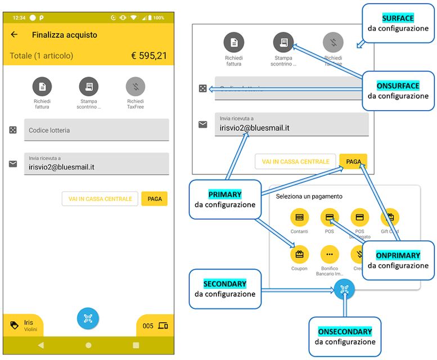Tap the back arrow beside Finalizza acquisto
pyautogui.click(x=15, y=35)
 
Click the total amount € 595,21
pyautogui.click(x=148, y=56)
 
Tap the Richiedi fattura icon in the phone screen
pyautogui.click(x=42, y=86)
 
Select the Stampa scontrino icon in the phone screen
pyautogui.click(x=89, y=86)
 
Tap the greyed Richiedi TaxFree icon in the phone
pyautogui.click(x=135, y=86)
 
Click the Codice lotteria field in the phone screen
pyautogui.click(x=96, y=130)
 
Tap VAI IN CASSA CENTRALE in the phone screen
pyautogui.click(x=100, y=199)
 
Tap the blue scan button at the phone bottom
pyautogui.click(x=88, y=318)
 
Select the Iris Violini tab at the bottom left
pyautogui.click(x=22, y=325)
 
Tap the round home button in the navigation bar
pyautogui.click(x=88, y=345)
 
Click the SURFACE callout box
pyautogui.click(x=398, y=23)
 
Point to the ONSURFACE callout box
pyautogui.click(x=398, y=91)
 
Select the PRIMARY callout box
pyautogui.click(x=225, y=199)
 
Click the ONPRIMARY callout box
pyautogui.click(x=398, y=260)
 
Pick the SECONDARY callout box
pyautogui.click(x=225, y=289)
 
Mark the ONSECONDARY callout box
pyautogui.click(x=345, y=336)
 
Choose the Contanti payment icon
pyautogui.click(x=300, y=217)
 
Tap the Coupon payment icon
pyautogui.click(x=300, y=254)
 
